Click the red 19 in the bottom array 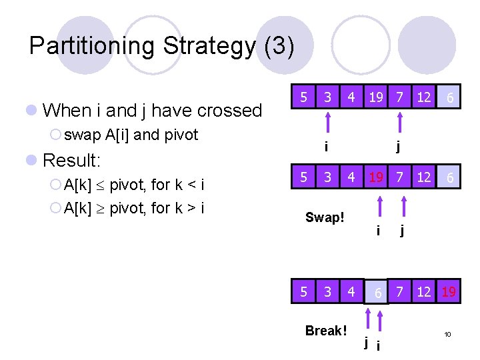click(x=448, y=292)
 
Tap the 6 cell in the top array click(x=451, y=98)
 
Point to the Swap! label click(x=325, y=218)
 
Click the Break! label click(x=326, y=331)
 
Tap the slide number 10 click(x=448, y=333)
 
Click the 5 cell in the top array click(x=303, y=97)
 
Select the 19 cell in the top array click(x=376, y=97)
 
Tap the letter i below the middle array click(x=378, y=231)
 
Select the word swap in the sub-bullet click(x=83, y=135)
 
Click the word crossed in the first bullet click(x=226, y=110)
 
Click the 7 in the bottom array click(x=400, y=292)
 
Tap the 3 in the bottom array click(x=327, y=292)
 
